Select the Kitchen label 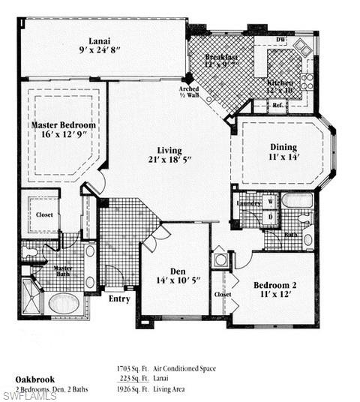(280, 82)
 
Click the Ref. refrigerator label (278, 106)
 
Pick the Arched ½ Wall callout (189, 92)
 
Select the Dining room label (283, 147)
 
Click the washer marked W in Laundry (271, 202)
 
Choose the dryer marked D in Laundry (271, 217)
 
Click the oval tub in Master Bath (64, 303)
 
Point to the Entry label (119, 298)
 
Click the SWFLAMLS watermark (28, 395)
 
